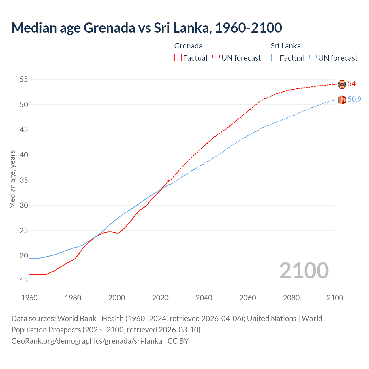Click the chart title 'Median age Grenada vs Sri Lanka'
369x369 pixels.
[146, 28]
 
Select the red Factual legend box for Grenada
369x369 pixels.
[178, 58]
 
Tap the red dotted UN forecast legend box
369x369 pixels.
[216, 58]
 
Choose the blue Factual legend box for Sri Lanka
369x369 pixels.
[275, 58]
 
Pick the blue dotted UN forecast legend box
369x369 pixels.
[313, 58]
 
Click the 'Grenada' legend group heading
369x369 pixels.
[188, 46]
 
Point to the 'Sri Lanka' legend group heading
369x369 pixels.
[285, 46]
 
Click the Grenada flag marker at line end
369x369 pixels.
[342, 84]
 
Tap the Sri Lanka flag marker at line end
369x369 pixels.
[342, 100]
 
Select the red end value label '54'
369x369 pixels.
[352, 84]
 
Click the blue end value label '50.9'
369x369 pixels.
[354, 99]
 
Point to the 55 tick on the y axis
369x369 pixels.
[24, 79]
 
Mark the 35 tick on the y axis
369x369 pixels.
[24, 180]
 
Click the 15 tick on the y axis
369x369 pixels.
[24, 281]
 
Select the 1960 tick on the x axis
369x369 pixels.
[29, 298]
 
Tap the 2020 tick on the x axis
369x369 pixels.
[160, 298]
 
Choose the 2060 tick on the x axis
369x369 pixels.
[248, 298]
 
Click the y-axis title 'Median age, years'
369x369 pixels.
[12, 179]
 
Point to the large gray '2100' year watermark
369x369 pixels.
[304, 271]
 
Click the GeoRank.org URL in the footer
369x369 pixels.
[86, 341]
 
